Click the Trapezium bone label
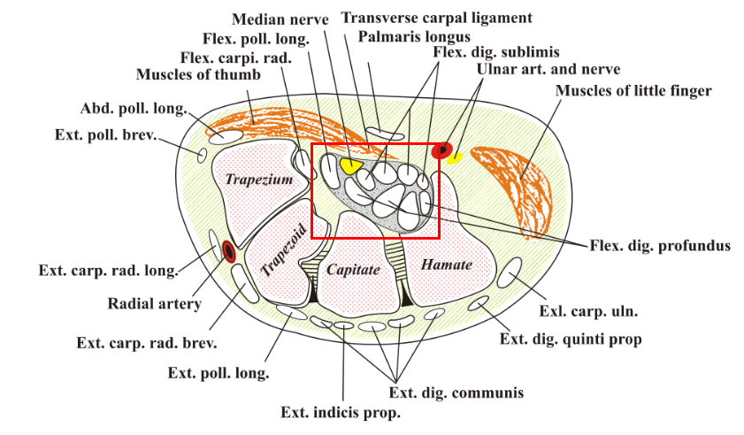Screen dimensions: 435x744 [258, 179]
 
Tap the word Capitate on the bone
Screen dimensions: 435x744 [354, 268]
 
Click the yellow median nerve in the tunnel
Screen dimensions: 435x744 [350, 164]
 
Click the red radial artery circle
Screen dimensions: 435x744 [229, 252]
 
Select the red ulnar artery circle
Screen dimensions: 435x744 [441, 150]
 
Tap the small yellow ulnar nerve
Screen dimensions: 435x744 [455, 159]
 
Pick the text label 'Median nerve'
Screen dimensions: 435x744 [280, 19]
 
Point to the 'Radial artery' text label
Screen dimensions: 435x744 [155, 304]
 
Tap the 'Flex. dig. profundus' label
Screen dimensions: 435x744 [660, 245]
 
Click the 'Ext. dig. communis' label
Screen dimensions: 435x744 [456, 392]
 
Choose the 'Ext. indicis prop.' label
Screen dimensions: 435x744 [341, 412]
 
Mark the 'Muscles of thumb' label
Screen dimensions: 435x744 [198, 74]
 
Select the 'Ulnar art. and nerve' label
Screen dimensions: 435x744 [548, 69]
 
